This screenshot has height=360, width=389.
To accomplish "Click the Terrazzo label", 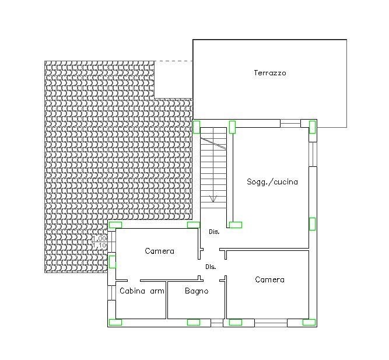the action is tap(270, 73).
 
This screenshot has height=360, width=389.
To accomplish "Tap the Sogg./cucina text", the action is tap(272, 181).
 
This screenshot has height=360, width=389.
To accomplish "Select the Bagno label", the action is tap(197, 291).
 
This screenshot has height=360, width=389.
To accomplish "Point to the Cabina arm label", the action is tap(142, 291).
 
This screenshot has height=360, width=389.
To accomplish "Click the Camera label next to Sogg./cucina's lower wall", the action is tap(269, 280).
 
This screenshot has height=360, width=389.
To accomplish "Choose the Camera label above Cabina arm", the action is tap(160, 251).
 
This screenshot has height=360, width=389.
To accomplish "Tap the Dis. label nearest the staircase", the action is tap(214, 232).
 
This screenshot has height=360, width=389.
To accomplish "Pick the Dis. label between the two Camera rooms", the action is tap(211, 267).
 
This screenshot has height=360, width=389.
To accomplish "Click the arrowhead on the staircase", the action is tap(213, 198).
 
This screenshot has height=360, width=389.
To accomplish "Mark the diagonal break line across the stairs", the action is tap(213, 144).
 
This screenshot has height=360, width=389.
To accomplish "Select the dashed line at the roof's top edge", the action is tap(174, 61).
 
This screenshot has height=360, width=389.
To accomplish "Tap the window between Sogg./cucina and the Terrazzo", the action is tap(290, 123).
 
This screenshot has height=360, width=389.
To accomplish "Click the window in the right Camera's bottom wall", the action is tap(271, 323).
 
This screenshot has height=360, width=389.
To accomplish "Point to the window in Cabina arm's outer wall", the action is tap(111, 293).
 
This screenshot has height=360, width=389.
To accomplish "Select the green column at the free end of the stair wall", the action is tap(236, 225).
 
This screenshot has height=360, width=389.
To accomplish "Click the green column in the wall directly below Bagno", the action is tap(194, 322).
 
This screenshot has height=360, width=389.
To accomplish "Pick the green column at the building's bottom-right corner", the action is tap(309, 322).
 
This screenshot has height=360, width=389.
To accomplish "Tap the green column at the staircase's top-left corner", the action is tap(197, 127).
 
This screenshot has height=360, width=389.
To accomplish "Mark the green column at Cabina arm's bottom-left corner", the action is tap(115, 322).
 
